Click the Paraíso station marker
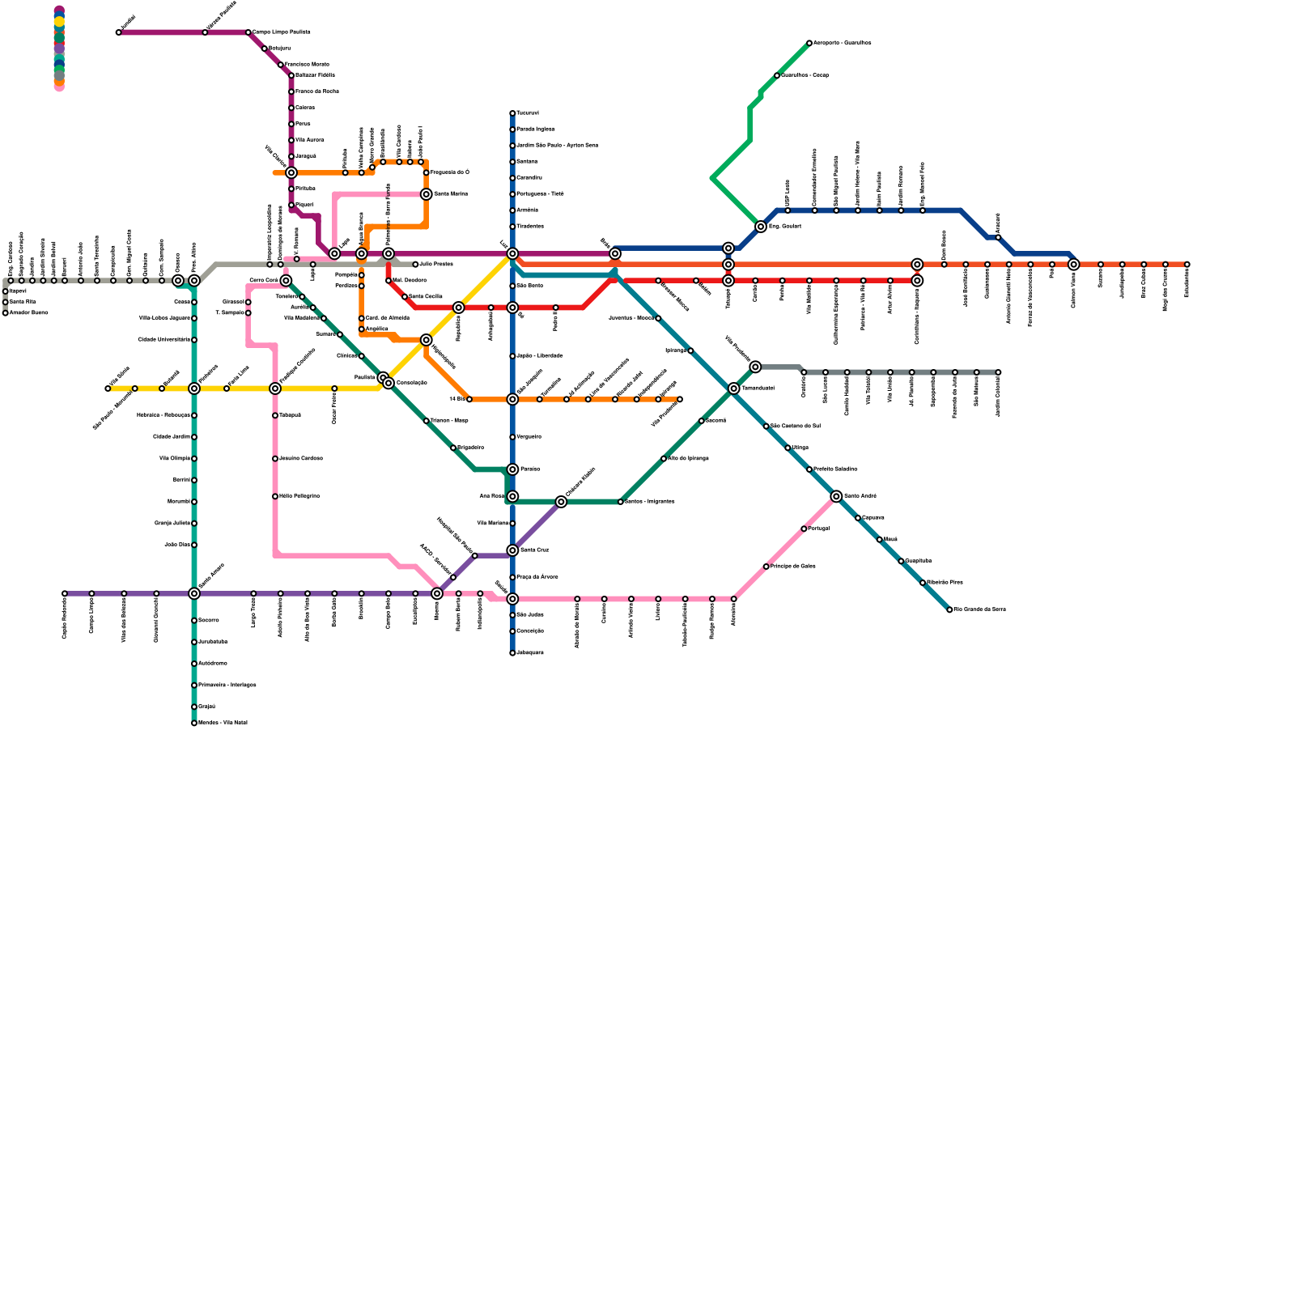coord(512,469)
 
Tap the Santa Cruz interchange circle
coord(512,550)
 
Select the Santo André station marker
coord(836,496)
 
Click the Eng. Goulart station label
coord(784,227)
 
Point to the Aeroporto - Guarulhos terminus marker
coord(809,43)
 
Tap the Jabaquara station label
coord(530,652)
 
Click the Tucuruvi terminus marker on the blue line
coord(512,113)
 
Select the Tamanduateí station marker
coord(733,388)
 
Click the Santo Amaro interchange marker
coord(194,593)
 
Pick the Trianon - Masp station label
coord(449,421)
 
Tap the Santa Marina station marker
coord(426,194)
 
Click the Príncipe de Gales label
coord(792,567)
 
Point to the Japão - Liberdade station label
coord(539,356)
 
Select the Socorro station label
coord(208,620)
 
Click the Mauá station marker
coord(879,539)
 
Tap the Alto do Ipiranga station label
coord(688,458)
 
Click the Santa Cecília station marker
coord(405,297)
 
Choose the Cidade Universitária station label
coord(163,340)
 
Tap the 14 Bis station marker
coord(469,399)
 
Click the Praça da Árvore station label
coord(537,577)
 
